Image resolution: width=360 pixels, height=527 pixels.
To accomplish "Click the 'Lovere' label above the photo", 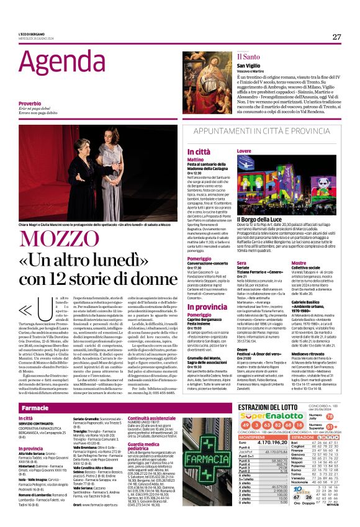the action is [x=244, y=151].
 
